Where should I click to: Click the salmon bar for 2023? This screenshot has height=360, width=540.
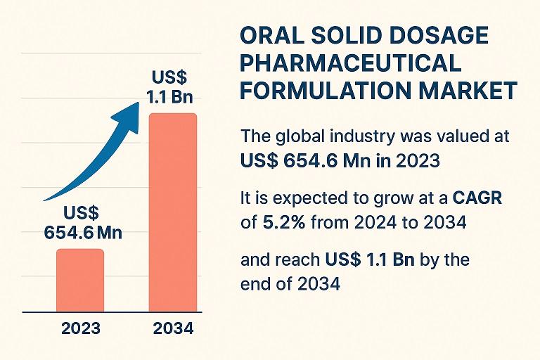tap(79, 279)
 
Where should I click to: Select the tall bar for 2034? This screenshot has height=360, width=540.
tap(172, 212)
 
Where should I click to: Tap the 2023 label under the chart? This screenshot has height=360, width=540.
tap(80, 328)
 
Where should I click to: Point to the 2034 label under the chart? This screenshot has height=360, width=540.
tap(172, 328)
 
